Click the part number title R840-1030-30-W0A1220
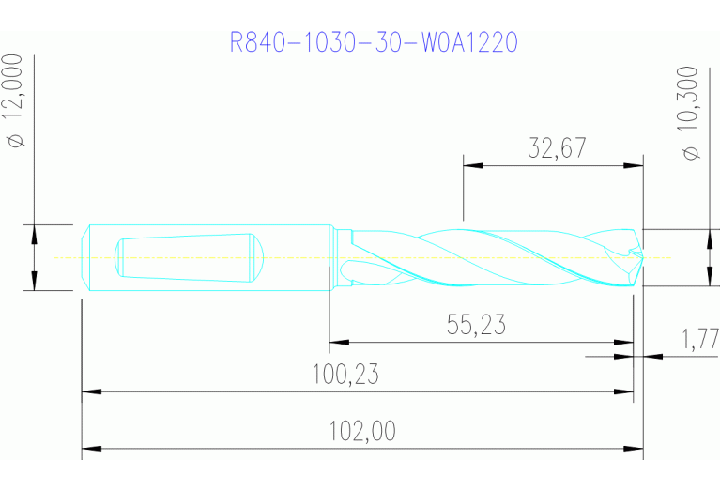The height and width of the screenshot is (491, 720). pos(374,42)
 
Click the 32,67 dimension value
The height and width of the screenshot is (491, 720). pos(556,147)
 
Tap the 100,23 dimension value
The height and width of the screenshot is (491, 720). pos(345,375)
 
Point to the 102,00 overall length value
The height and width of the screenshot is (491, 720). pos(362,431)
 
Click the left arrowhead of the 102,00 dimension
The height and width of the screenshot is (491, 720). pos(90,449)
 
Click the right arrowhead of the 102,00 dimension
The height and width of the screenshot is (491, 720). pos(636,449)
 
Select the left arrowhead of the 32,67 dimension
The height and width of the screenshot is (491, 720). pos(472,166)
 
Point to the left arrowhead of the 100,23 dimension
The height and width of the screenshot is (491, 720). pos(90,391)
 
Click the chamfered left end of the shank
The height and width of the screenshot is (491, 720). pos(85,257)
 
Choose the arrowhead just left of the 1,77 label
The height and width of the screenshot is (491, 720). pos(624,356)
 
